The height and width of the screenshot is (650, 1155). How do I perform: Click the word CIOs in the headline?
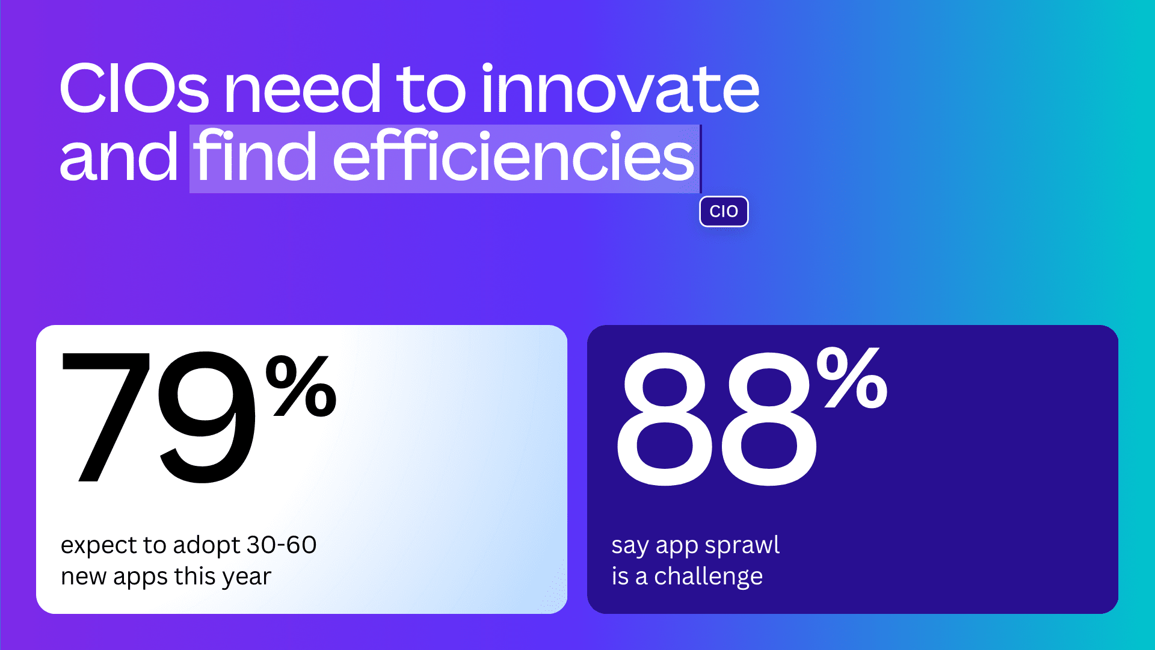tap(134, 89)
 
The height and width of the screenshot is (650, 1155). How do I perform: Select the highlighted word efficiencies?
tap(513, 158)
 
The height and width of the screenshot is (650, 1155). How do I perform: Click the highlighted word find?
tap(255, 158)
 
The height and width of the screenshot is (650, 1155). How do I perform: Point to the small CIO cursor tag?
tap(724, 211)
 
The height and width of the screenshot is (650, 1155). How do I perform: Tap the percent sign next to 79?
tap(301, 386)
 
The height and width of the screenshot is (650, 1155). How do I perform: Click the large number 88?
tap(716, 418)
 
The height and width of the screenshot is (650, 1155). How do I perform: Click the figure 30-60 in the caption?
tap(281, 545)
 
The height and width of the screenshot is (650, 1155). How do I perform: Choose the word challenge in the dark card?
tap(708, 577)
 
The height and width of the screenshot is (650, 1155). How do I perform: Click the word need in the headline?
tap(303, 89)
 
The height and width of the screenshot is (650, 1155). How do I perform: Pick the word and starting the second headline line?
tap(119, 158)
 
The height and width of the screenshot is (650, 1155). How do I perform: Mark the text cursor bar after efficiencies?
tap(701, 159)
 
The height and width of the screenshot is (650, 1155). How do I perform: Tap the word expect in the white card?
tap(99, 545)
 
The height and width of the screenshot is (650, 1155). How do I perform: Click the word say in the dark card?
tap(630, 545)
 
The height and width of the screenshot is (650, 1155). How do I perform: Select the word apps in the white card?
tap(140, 577)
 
